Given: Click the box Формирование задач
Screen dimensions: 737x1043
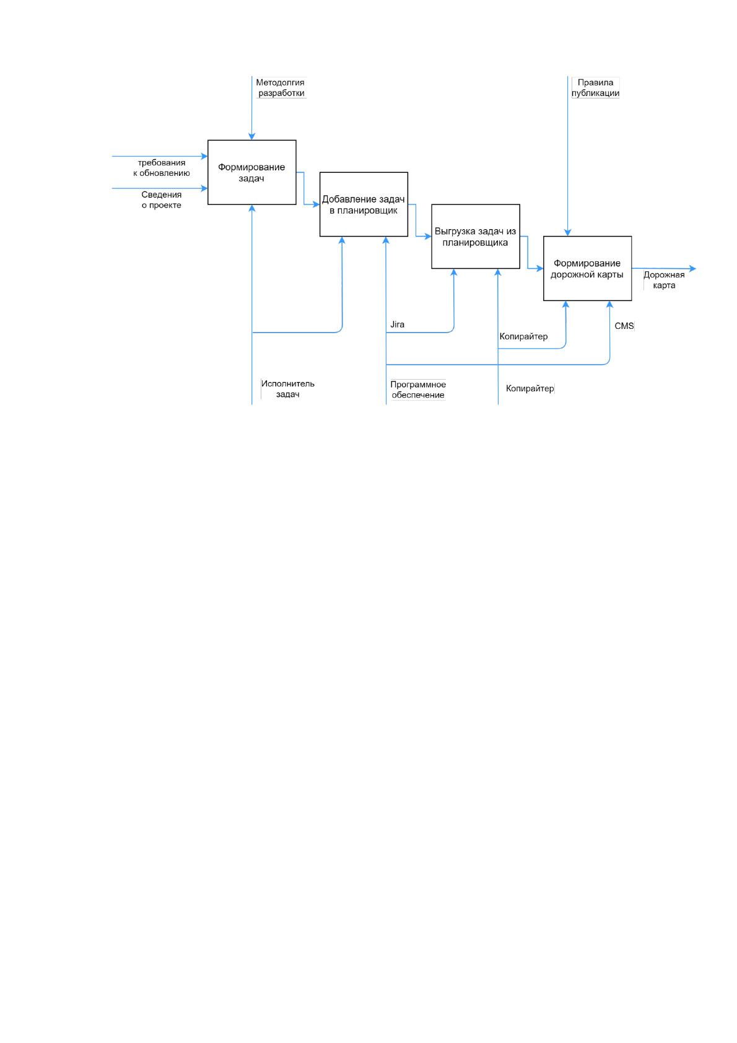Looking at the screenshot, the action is coord(251,172).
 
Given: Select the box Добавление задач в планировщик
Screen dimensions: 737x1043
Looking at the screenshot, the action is coord(364,204).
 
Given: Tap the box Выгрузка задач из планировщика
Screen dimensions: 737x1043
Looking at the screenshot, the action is coord(476,237).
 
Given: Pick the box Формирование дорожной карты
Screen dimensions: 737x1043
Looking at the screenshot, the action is coord(587,269).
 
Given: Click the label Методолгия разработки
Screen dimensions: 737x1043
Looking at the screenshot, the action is coord(281,87).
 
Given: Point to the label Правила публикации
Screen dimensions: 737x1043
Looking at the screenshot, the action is coord(595,87).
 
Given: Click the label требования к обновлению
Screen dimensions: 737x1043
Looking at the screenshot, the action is coord(162,168).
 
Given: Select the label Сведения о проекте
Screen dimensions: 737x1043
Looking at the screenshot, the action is coord(162,200).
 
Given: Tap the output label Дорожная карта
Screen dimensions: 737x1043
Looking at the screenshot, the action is coord(664,280).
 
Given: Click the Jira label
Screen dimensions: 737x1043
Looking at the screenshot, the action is coord(397,325).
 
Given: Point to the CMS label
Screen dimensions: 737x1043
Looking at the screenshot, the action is coord(624,326).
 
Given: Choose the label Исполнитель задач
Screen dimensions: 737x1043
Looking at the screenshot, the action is coord(288,389).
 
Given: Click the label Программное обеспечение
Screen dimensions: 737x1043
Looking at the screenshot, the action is coord(418,390).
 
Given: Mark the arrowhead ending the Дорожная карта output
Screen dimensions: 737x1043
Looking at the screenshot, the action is coord(693,269).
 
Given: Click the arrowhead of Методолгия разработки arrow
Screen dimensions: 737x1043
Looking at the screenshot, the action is coord(252,136).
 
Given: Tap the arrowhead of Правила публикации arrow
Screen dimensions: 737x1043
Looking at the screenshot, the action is coord(567,233).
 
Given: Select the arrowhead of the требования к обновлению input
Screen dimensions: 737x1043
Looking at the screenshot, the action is coord(204,157).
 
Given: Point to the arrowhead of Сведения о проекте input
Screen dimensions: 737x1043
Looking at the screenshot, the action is coord(204,188).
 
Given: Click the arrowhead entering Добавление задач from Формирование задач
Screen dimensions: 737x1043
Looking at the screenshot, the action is coord(316,204).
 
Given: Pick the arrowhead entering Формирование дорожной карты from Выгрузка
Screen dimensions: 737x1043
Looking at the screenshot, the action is coord(540,269).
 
